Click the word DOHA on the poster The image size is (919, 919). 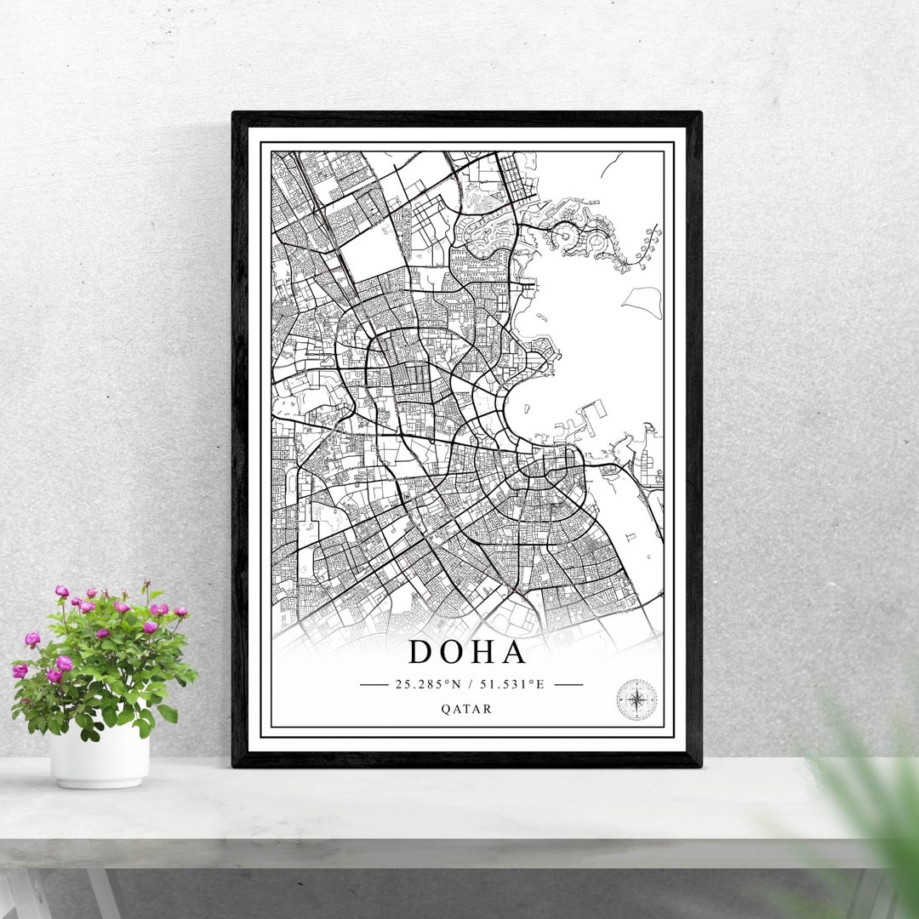click(x=467, y=652)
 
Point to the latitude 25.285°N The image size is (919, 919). click(x=427, y=683)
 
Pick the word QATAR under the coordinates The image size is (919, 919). click(x=466, y=709)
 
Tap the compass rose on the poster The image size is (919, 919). click(x=636, y=699)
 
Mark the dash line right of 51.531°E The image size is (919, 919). click(x=568, y=683)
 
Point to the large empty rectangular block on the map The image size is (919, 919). click(x=372, y=250)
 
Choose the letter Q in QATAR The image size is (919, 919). click(x=446, y=709)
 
